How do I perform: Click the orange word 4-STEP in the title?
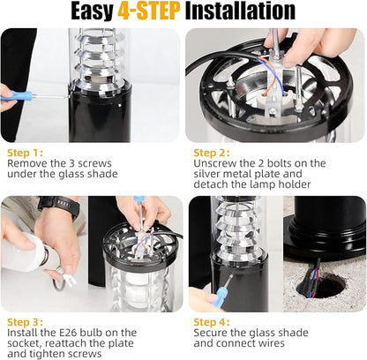click(x=148, y=11)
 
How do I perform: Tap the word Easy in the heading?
click(x=92, y=11)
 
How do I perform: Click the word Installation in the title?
click(x=240, y=11)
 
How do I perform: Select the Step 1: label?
click(x=26, y=153)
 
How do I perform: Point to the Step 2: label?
click(x=212, y=153)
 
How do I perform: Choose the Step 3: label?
click(x=26, y=322)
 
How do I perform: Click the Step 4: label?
click(x=212, y=322)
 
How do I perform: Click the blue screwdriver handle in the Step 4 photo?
click(x=220, y=296)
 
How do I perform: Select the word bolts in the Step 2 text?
click(x=279, y=163)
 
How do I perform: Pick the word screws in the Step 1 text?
click(x=94, y=163)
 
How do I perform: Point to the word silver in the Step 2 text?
click(x=206, y=174)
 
